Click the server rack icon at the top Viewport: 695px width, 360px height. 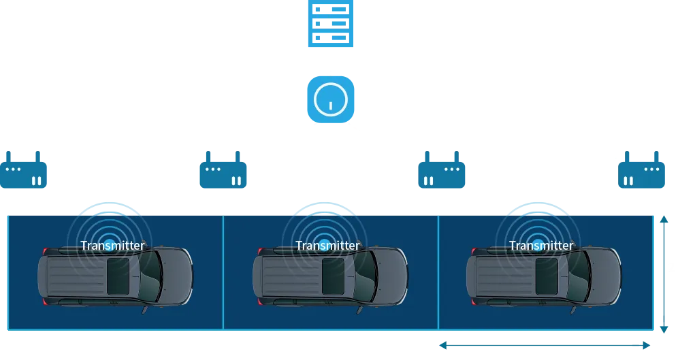pyautogui.click(x=329, y=24)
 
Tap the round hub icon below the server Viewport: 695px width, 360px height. pyautogui.click(x=329, y=99)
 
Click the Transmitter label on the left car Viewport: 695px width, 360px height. pyautogui.click(x=112, y=246)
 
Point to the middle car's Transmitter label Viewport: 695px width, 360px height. pyautogui.click(x=327, y=246)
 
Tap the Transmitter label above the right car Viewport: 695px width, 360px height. pyautogui.click(x=541, y=246)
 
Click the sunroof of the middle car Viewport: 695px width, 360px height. pyautogui.click(x=333, y=276)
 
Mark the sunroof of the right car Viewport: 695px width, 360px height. pyautogui.click(x=547, y=276)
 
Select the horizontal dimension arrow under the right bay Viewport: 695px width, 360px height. pyautogui.click(x=543, y=346)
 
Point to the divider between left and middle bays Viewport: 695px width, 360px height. pyautogui.click(x=223, y=272)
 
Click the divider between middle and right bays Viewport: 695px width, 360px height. pyautogui.click(x=438, y=272)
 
